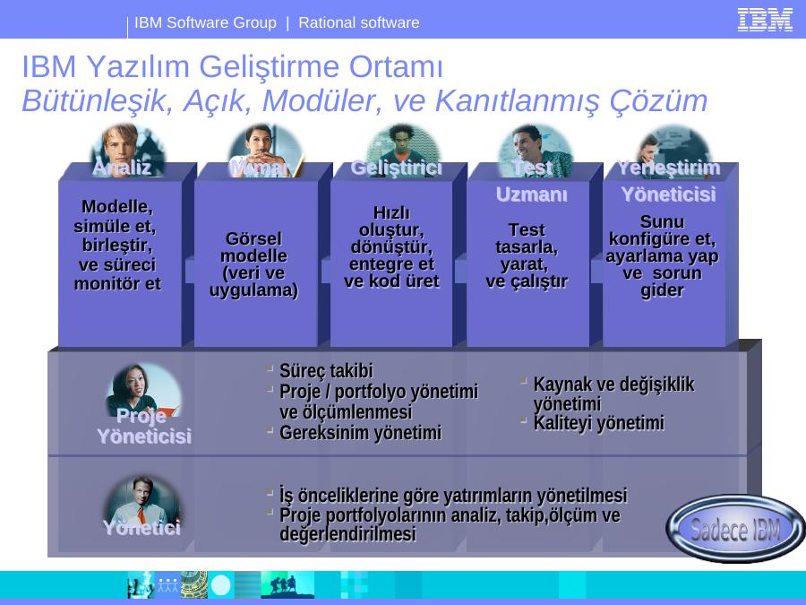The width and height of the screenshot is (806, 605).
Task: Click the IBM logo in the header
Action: tap(765, 20)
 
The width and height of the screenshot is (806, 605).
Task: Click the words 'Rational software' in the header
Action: tap(359, 22)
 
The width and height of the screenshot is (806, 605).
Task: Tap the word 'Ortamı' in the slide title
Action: tap(396, 67)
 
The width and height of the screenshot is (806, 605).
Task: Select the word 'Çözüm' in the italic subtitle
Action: tap(658, 100)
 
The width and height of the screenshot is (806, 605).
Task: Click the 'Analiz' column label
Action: tap(122, 168)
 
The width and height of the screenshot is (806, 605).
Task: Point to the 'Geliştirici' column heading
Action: tap(397, 168)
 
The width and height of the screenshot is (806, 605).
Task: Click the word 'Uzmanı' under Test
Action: tap(532, 194)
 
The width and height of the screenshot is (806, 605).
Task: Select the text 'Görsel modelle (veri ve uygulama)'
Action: tap(253, 264)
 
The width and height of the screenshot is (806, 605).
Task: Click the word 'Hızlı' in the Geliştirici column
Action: tap(391, 212)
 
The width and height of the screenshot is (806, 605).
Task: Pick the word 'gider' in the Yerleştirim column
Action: tap(662, 290)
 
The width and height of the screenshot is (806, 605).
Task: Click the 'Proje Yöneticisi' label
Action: tap(144, 426)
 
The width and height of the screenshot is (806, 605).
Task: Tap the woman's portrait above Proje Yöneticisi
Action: tap(144, 391)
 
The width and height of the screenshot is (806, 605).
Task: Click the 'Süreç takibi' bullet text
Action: tap(326, 370)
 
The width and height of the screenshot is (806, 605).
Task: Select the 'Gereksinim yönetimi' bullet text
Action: tap(360, 433)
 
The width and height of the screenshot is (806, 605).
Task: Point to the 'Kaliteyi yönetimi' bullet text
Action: tap(599, 423)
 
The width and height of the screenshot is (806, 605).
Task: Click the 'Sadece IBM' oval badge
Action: tap(735, 528)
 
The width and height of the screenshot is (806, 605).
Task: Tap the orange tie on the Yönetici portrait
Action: tap(141, 514)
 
